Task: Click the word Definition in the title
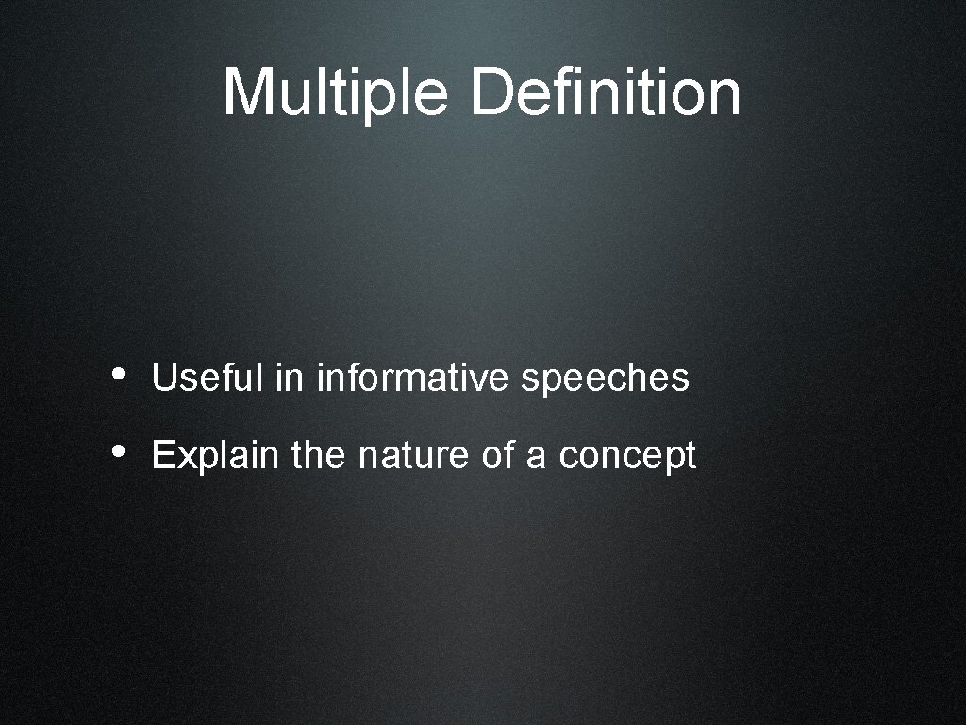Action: coord(605,93)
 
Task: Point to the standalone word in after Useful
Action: coord(291,379)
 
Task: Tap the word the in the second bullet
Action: coord(320,456)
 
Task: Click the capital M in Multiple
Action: coord(248,93)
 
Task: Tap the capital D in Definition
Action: coord(491,93)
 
